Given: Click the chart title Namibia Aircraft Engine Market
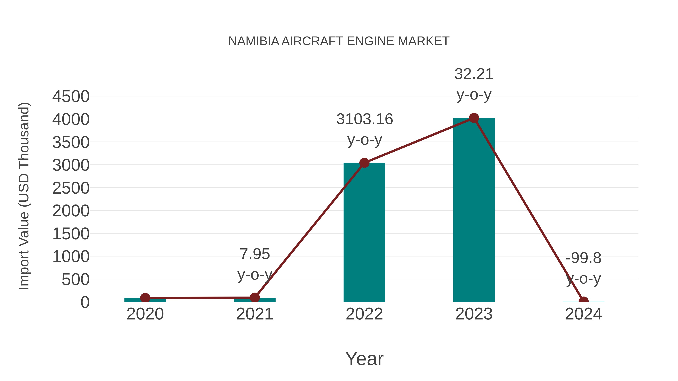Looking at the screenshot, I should pyautogui.click(x=339, y=41).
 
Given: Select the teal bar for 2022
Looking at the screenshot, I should pyautogui.click(x=364, y=237).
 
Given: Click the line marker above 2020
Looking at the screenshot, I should pyautogui.click(x=145, y=298).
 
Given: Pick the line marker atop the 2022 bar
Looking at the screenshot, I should pyautogui.click(x=364, y=163).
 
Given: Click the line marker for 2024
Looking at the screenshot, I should pyautogui.click(x=583, y=301).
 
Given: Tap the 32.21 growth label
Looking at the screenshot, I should pyautogui.click(x=474, y=74).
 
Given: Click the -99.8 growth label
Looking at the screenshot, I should pyautogui.click(x=583, y=258).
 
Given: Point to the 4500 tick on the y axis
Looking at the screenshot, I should pyautogui.click(x=71, y=97).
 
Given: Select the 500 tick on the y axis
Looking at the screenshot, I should pyautogui.click(x=76, y=280).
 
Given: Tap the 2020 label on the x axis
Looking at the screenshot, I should pyautogui.click(x=145, y=314).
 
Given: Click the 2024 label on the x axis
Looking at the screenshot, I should pyautogui.click(x=583, y=314).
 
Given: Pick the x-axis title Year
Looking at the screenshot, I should pyautogui.click(x=364, y=359).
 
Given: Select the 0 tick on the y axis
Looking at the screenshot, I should pyautogui.click(x=85, y=302).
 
